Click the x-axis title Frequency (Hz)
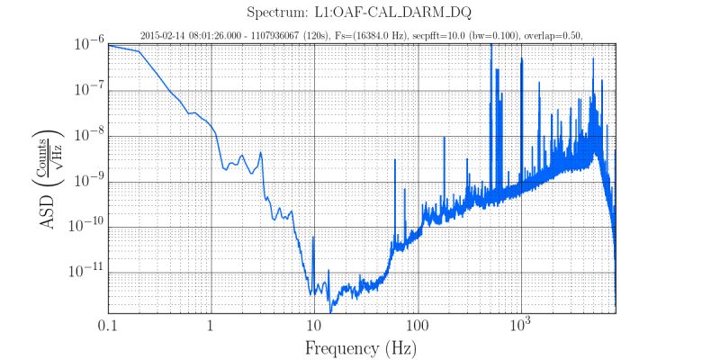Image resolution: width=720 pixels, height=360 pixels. [x=360, y=346]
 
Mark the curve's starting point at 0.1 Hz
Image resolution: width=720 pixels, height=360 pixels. [x=109, y=45]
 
